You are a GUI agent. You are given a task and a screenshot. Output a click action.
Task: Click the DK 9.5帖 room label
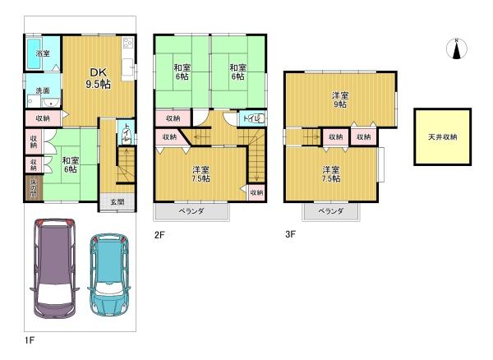98,79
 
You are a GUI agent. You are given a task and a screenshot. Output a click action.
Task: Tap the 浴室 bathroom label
42,53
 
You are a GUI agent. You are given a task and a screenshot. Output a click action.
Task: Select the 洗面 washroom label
42,90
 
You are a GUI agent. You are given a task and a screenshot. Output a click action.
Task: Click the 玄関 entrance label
117,201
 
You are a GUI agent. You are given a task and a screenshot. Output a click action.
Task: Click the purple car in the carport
53,267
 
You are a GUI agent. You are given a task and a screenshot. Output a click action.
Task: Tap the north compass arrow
454,48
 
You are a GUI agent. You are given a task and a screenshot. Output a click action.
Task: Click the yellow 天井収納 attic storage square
443,136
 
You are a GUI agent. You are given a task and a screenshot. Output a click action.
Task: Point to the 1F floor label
30,338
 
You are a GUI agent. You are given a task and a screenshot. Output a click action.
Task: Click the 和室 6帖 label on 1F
69,164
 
